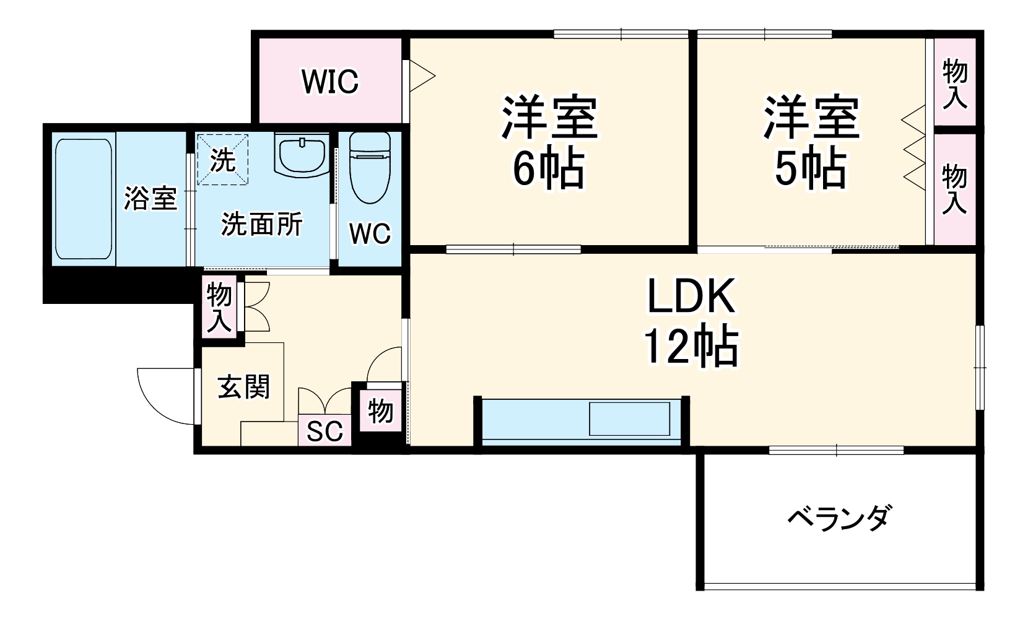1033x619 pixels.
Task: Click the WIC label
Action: coord(330,82)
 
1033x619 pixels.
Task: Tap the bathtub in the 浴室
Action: coord(84,199)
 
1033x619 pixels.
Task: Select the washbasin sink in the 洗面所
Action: coord(302,155)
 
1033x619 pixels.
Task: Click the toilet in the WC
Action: coord(370,168)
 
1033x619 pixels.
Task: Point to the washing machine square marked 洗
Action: coord(222,160)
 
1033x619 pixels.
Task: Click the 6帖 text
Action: coord(549,169)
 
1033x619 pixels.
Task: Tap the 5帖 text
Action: coord(811,169)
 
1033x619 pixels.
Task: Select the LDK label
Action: coord(691,295)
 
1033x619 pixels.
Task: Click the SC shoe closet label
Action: coord(325,431)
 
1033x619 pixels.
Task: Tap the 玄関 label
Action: coord(243,386)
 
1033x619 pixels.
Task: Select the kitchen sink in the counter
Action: coord(629,418)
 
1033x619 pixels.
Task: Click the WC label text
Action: coord(370,234)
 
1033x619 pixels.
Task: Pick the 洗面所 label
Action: coord(262,225)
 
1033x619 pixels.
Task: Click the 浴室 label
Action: coord(150,199)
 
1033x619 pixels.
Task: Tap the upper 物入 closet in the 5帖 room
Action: coord(954,82)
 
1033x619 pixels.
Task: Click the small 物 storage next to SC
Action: coord(380,410)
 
